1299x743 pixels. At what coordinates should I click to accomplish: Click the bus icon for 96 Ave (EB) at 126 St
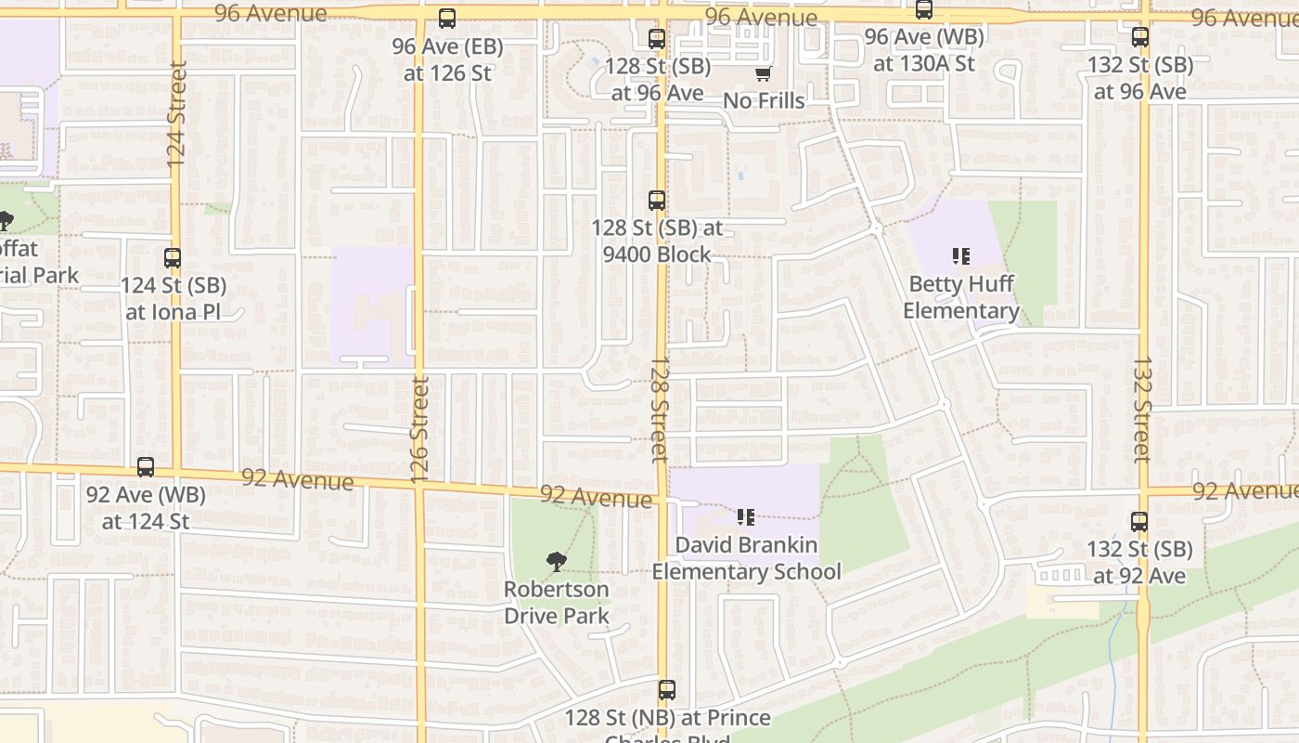click(x=447, y=19)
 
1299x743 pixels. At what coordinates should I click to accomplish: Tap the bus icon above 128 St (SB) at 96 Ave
click(x=657, y=39)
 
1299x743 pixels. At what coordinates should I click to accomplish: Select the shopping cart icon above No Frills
click(x=763, y=73)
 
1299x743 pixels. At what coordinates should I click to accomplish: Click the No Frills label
click(x=764, y=100)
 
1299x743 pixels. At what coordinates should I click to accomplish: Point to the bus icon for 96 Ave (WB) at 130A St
click(x=924, y=10)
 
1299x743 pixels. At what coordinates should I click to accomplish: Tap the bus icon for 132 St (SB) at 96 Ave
click(x=1140, y=37)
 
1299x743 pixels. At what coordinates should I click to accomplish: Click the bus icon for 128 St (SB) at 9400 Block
click(x=657, y=200)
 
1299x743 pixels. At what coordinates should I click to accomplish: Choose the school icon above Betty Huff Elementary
click(x=961, y=255)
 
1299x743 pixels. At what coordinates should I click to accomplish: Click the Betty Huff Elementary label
click(x=961, y=297)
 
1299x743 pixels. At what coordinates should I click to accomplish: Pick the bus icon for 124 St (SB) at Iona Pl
click(x=173, y=258)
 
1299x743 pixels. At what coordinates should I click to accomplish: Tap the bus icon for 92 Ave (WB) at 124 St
click(x=146, y=467)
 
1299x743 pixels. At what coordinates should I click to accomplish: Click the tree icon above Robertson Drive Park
click(x=557, y=561)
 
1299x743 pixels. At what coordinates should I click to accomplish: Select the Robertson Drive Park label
click(x=557, y=602)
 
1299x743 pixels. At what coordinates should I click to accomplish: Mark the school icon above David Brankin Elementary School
click(x=746, y=517)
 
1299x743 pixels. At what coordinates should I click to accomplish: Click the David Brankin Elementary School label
click(x=746, y=558)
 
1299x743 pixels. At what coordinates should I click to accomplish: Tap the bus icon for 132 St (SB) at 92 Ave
click(x=1139, y=522)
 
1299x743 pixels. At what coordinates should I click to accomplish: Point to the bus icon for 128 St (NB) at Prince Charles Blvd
click(x=667, y=690)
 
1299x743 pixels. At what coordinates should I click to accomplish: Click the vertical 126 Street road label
click(x=419, y=429)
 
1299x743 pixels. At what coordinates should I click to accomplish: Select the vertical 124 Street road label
click(x=177, y=113)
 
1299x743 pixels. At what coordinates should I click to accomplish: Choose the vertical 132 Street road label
click(x=1142, y=410)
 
